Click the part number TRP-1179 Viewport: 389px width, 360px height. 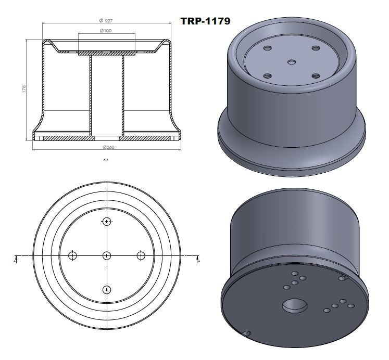tap(205, 21)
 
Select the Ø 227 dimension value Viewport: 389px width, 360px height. tap(106, 20)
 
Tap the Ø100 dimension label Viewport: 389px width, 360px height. tap(106, 31)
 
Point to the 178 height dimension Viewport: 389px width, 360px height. tap(24, 89)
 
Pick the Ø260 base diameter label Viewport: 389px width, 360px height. tap(106, 146)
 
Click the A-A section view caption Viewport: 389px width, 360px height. tap(106, 160)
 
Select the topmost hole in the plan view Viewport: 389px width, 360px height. tap(107, 222)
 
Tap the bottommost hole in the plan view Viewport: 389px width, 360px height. tap(107, 289)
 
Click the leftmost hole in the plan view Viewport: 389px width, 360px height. tap(73, 255)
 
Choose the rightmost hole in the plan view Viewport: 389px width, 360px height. tap(141, 255)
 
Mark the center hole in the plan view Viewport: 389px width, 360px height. tap(107, 255)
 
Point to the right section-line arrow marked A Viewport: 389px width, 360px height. tap(198, 259)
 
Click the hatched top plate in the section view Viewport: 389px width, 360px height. tap(106, 53)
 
